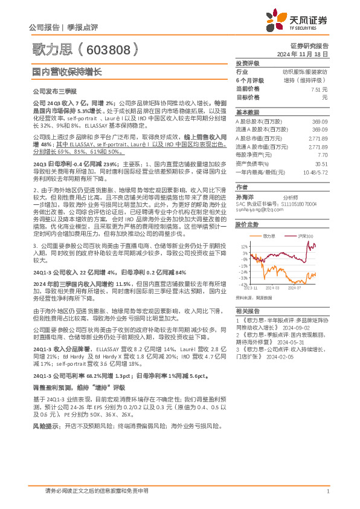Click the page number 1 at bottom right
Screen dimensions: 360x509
(327, 491)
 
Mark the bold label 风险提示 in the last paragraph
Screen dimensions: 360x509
(46, 426)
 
